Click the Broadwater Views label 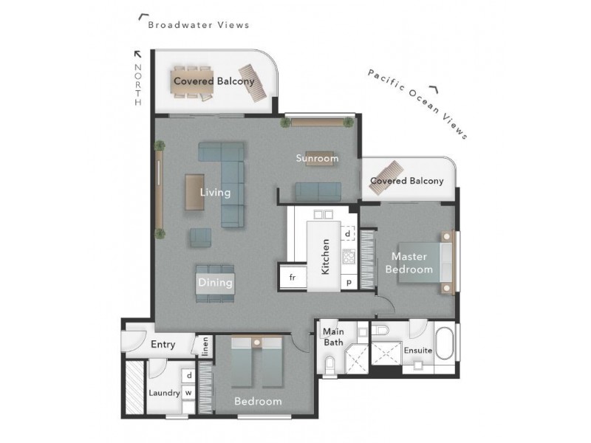click(x=198, y=24)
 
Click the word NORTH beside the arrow click(x=137, y=85)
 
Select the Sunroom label click(x=317, y=158)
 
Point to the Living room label click(x=215, y=193)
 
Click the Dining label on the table click(x=215, y=282)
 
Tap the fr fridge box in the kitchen click(x=293, y=277)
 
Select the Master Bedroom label click(x=409, y=263)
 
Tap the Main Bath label click(x=333, y=337)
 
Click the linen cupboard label click(x=205, y=345)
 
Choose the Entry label click(x=163, y=344)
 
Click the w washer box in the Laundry click(x=188, y=393)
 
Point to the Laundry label click(x=164, y=393)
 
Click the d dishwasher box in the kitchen click(x=347, y=234)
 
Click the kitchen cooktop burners click(x=348, y=258)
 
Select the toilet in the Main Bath click(x=330, y=363)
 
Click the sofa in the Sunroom click(x=318, y=191)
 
